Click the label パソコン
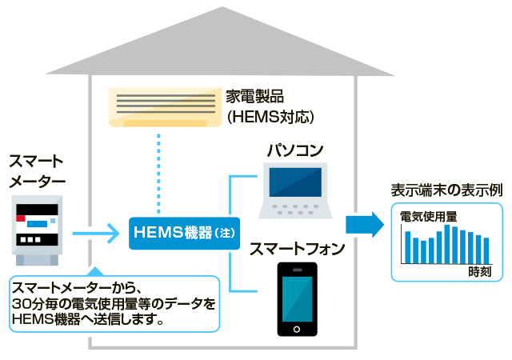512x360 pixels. (x=294, y=150)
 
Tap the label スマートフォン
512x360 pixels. (x=297, y=249)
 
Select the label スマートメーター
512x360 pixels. (x=36, y=171)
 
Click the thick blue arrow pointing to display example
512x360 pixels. (x=365, y=226)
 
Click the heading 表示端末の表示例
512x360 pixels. (x=446, y=191)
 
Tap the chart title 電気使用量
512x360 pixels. (x=428, y=216)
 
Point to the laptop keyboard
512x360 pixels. (x=295, y=209)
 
